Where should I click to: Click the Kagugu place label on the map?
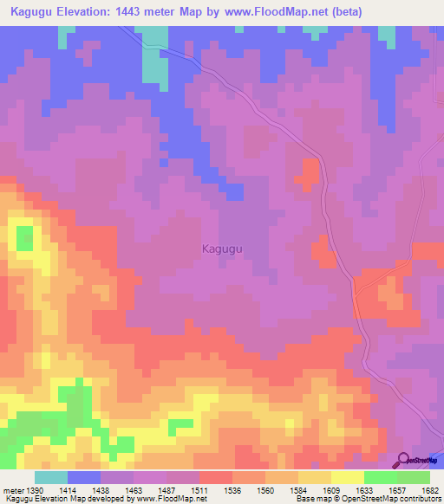point(222,249)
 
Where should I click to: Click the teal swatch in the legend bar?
point(51,477)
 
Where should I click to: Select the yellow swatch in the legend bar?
point(348,477)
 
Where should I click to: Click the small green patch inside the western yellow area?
point(24,237)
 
